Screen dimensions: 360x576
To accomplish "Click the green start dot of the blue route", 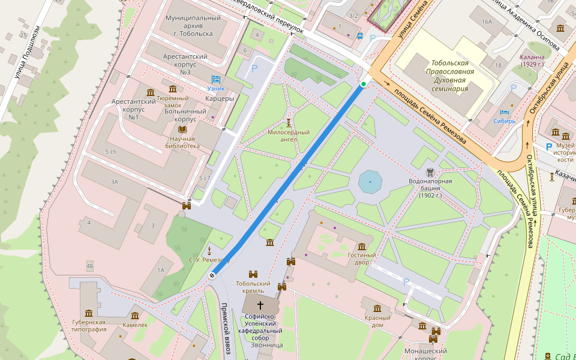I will click(363, 84).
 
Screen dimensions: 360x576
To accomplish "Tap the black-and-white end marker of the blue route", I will click(212, 275).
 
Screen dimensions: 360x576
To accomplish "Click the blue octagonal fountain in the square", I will click(370, 181).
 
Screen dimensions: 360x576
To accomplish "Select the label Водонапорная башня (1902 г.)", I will click(431, 187).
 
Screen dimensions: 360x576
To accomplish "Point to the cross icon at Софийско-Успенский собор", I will click(260, 305).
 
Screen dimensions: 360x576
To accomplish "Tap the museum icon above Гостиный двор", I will click(362, 247).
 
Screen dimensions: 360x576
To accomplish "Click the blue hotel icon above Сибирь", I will click(505, 112).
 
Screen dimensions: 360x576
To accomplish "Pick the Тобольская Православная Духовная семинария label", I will click(452, 76).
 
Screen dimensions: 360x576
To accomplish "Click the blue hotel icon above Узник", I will click(216, 79).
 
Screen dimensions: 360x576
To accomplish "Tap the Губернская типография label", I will click(89, 325).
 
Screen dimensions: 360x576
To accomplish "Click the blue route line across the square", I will click(288, 179).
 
